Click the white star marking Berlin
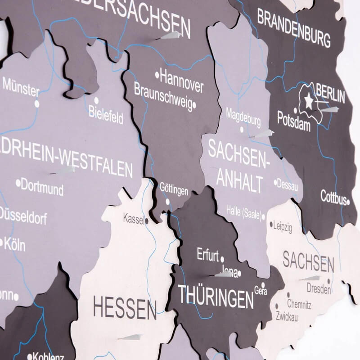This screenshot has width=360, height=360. [x=309, y=101]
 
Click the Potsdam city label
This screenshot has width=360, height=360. [x=294, y=121]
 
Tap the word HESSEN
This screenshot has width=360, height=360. [x=125, y=309]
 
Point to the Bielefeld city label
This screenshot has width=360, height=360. [x=106, y=114]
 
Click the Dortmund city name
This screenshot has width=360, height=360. [x=42, y=187]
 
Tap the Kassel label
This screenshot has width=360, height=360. [x=134, y=218]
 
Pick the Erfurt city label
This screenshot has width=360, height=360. [x=207, y=254]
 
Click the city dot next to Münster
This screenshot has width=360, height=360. [x=37, y=104]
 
